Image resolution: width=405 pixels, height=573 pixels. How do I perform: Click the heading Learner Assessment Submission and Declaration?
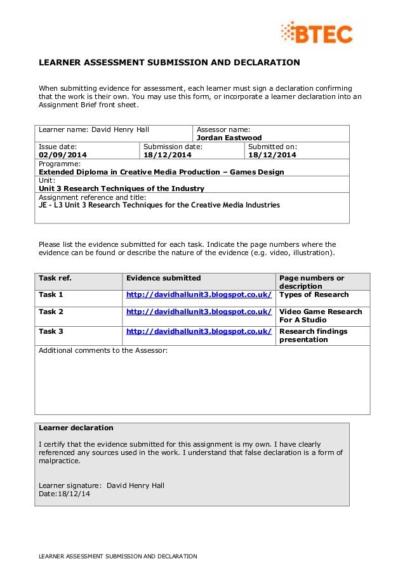click(169, 63)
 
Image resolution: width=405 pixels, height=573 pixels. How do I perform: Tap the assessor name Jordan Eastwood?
click(229, 138)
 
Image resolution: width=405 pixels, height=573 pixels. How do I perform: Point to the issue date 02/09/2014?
click(63, 155)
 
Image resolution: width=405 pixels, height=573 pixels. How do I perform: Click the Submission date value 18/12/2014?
click(167, 155)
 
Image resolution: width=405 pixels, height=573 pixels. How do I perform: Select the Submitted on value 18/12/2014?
click(272, 155)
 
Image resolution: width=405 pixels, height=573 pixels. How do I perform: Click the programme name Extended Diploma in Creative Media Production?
click(161, 172)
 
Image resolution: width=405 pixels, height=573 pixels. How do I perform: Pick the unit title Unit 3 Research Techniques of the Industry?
click(121, 188)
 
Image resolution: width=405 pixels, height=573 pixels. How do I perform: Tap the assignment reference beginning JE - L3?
click(159, 205)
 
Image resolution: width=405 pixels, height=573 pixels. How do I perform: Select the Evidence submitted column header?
click(163, 278)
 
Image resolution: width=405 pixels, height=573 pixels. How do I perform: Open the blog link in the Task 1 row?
click(199, 294)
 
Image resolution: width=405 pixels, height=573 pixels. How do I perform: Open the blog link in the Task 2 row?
click(199, 312)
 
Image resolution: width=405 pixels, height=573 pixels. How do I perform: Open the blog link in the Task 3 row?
click(199, 331)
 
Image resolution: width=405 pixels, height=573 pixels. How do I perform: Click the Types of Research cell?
click(314, 294)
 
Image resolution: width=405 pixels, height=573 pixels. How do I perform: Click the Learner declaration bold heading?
click(76, 428)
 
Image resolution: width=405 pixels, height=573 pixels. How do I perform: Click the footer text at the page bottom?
click(118, 557)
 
